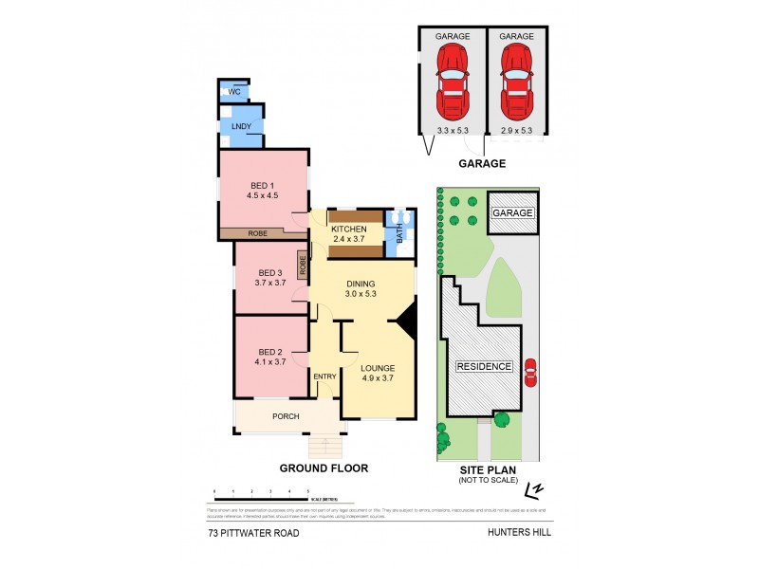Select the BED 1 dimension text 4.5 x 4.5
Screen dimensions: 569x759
pos(261,196)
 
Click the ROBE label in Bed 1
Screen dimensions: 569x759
pos(258,232)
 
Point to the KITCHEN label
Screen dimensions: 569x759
pos(347,229)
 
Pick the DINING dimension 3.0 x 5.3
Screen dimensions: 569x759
pos(361,295)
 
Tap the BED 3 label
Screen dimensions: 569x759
pos(266,271)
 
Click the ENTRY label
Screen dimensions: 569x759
pos(324,376)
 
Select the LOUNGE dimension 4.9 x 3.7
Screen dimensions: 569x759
pos(377,378)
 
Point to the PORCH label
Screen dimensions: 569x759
pos(286,416)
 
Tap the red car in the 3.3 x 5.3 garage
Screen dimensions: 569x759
pos(453,78)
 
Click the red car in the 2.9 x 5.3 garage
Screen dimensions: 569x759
pos(516,78)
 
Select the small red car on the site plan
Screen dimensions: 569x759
pos(529,371)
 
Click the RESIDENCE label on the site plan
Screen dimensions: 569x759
pos(484,366)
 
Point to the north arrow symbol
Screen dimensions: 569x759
pos(537,489)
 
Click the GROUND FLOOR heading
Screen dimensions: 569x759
pos(324,468)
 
